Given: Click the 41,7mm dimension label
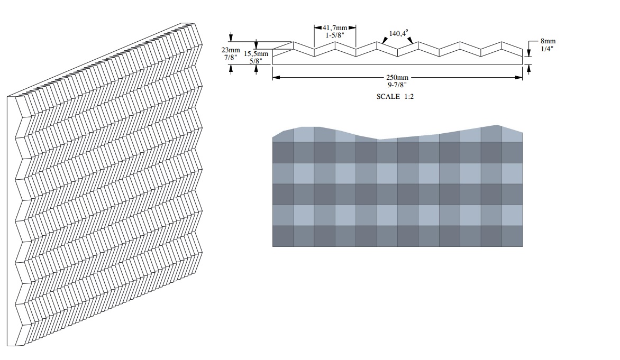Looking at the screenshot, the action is pos(335,27).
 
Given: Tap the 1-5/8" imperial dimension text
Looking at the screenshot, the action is pos(335,35).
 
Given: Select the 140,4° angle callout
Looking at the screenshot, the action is pos(398,33).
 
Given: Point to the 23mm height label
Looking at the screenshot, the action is pos(231,50).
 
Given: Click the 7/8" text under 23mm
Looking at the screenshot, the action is pos(231,57).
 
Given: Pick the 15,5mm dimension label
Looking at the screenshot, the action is pos(256,54).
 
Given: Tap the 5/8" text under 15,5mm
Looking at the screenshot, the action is pos(256,61).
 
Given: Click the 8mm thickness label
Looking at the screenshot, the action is pos(548,41).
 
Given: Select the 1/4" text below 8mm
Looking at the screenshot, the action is pos(547,49).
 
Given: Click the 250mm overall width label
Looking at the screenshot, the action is pos(397,78).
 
